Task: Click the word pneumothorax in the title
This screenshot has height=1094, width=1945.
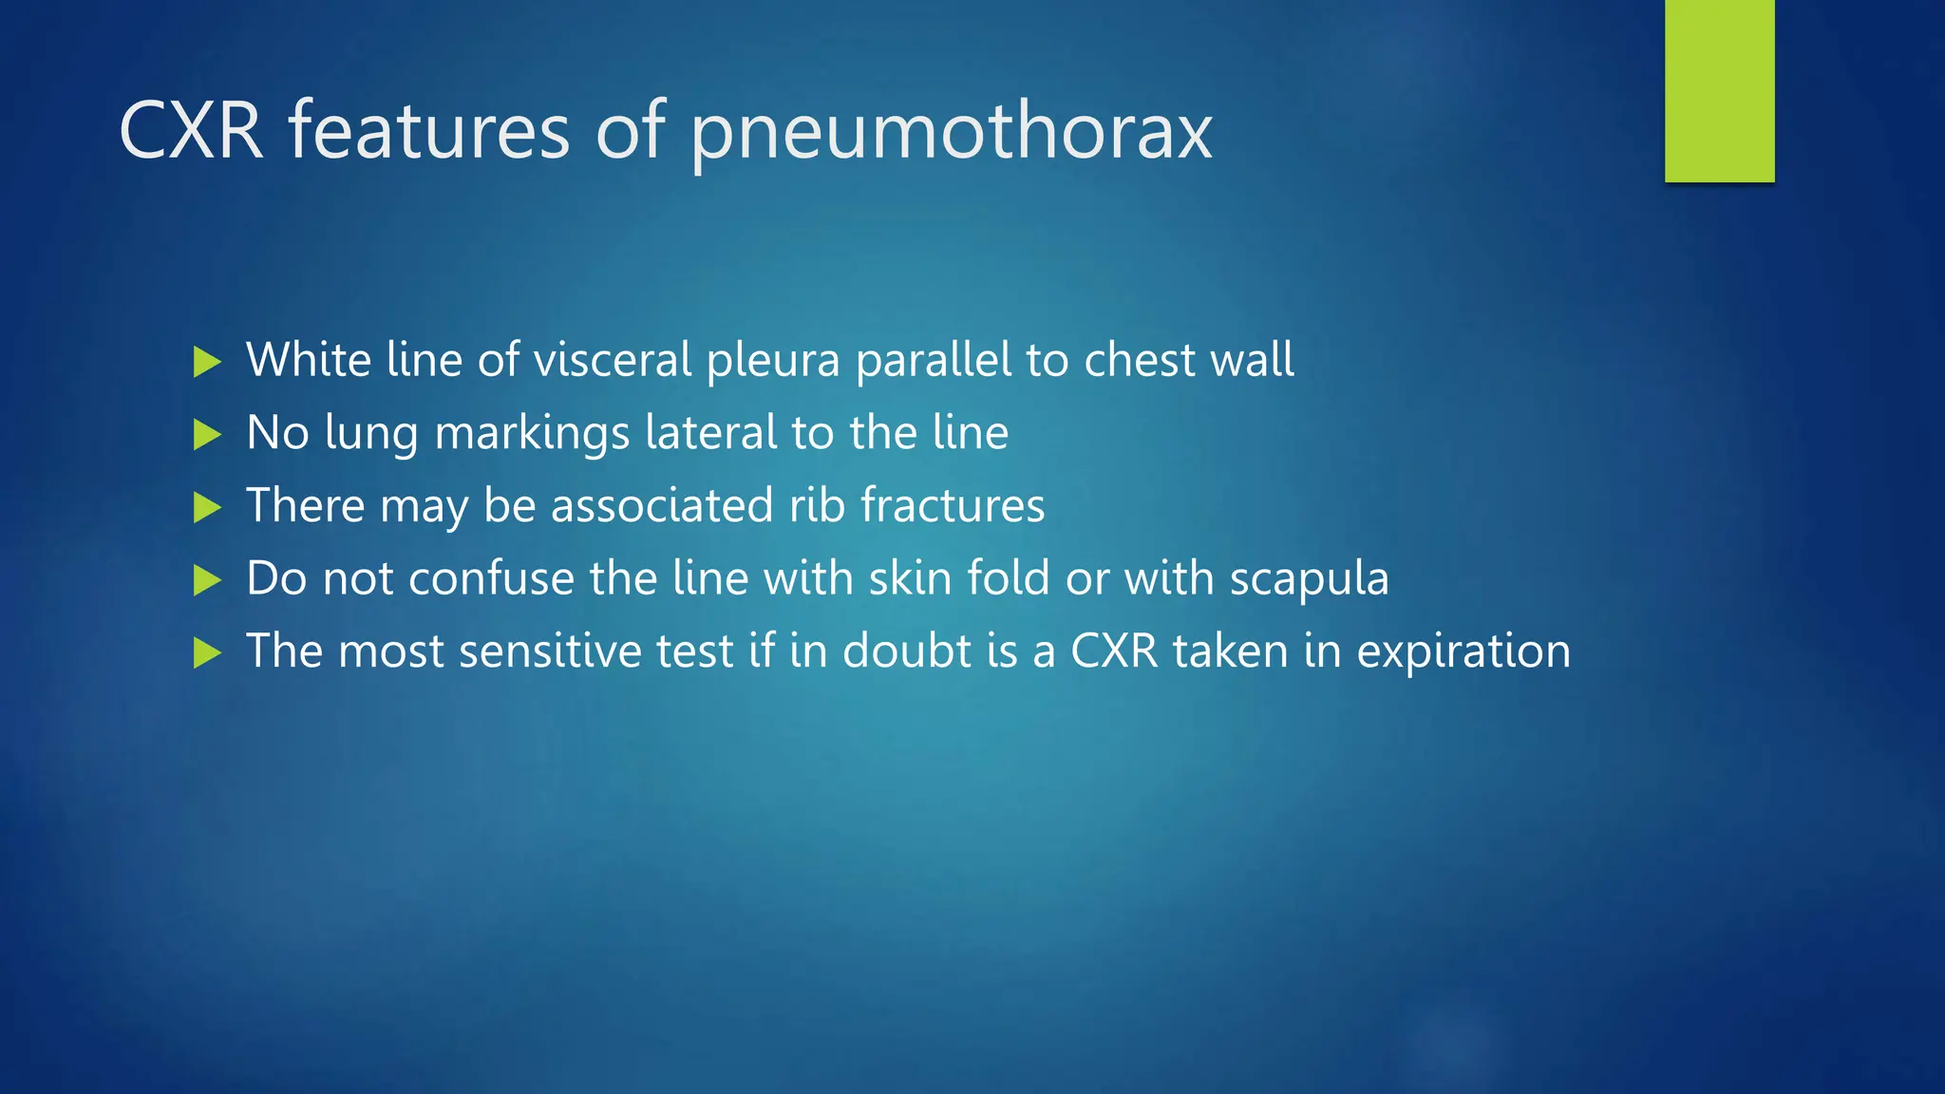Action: point(951,133)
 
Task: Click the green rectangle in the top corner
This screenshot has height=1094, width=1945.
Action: point(1719,90)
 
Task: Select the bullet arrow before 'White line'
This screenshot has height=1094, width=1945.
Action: point(207,362)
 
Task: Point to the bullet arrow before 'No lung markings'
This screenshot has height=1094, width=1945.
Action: point(207,435)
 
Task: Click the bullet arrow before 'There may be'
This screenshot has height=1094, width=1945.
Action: point(207,507)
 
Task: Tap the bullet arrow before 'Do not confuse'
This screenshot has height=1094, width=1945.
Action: point(207,580)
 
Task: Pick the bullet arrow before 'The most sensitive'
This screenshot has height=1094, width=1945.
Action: point(207,652)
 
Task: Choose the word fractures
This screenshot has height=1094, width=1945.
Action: point(953,505)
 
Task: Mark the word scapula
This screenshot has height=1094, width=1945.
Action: point(1310,579)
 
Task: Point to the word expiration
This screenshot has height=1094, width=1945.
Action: point(1463,652)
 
